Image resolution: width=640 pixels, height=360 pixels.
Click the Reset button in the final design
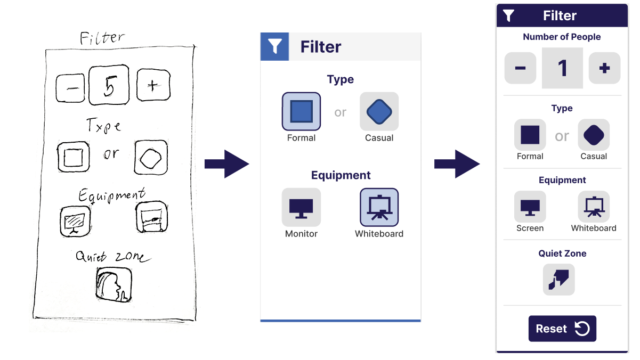tap(562, 329)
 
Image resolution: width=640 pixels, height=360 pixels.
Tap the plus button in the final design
tap(604, 68)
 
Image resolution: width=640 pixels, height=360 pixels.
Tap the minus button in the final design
tap(520, 68)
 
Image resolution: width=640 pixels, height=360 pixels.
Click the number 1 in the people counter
tap(562, 68)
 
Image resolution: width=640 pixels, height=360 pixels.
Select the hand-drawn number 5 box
tap(109, 85)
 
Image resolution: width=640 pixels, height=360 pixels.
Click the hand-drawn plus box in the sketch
tap(153, 85)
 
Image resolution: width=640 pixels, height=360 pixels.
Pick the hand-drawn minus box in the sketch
tap(70, 88)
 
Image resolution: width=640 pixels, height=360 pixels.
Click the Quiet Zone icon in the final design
tap(558, 279)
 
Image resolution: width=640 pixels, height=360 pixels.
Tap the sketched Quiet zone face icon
tap(114, 284)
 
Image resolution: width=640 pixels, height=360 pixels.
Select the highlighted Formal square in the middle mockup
tap(301, 111)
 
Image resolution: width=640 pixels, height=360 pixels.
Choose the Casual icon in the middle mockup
tap(379, 111)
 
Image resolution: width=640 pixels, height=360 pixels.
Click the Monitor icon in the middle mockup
tap(301, 207)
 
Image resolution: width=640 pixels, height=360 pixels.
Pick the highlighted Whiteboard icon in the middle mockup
tap(379, 207)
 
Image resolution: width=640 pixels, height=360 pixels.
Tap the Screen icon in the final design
tap(530, 207)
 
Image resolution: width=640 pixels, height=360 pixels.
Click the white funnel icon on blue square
tap(274, 46)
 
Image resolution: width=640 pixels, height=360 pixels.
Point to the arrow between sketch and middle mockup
tap(228, 164)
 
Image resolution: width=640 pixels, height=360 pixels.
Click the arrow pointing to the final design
tap(457, 164)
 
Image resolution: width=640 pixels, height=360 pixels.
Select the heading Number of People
tap(562, 37)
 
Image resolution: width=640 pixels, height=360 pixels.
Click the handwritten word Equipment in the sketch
tap(111, 195)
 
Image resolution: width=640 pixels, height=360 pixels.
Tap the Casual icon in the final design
tap(594, 135)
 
